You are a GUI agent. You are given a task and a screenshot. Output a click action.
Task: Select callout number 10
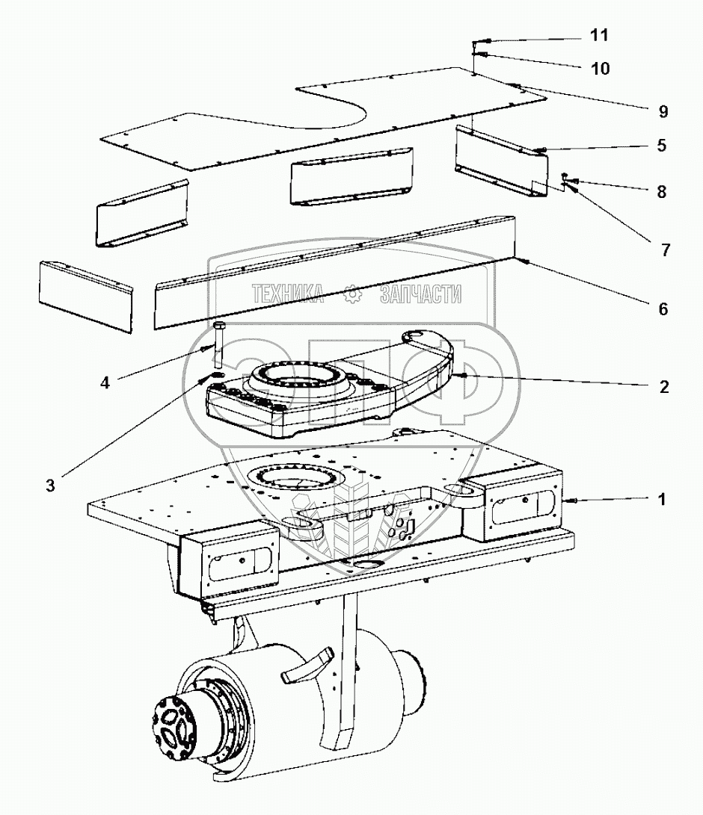click(600, 69)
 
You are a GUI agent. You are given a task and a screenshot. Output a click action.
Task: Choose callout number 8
click(661, 191)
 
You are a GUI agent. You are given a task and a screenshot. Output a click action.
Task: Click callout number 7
click(665, 250)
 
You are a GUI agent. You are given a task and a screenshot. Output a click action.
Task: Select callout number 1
click(662, 500)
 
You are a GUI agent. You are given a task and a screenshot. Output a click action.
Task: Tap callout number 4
click(105, 382)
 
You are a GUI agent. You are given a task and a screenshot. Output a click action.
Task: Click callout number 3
click(50, 486)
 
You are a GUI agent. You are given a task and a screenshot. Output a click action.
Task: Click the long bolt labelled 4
click(219, 340)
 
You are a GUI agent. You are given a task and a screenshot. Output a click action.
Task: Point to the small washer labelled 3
click(215, 375)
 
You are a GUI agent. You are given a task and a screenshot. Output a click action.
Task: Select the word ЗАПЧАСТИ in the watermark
click(421, 295)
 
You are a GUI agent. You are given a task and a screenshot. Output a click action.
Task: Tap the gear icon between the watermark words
click(352, 295)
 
